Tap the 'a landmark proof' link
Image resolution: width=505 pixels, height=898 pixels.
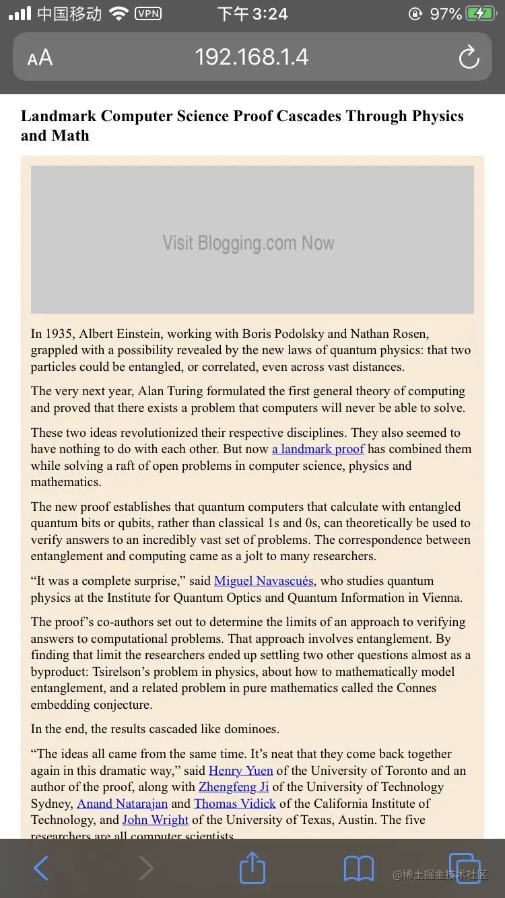click(318, 449)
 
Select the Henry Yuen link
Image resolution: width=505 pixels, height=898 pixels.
click(241, 771)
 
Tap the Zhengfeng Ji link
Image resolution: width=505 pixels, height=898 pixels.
click(234, 787)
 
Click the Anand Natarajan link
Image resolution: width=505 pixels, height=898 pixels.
click(122, 804)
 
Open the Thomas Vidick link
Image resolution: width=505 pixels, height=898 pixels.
click(235, 804)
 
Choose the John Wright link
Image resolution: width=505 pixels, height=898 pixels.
click(156, 820)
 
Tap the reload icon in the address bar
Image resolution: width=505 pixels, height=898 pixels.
click(469, 57)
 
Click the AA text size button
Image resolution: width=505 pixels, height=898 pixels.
click(40, 58)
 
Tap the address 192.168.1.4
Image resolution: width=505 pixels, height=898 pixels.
click(252, 57)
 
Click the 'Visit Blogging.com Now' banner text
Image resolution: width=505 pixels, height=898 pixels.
click(248, 243)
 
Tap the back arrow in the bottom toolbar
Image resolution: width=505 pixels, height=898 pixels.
click(41, 868)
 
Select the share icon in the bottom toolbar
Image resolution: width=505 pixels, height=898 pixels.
click(252, 868)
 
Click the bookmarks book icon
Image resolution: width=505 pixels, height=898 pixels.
click(358, 869)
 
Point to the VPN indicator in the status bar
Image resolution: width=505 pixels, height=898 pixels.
click(148, 13)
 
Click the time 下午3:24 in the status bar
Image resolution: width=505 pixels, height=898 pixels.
click(252, 13)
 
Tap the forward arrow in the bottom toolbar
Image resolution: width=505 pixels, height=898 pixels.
click(146, 868)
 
